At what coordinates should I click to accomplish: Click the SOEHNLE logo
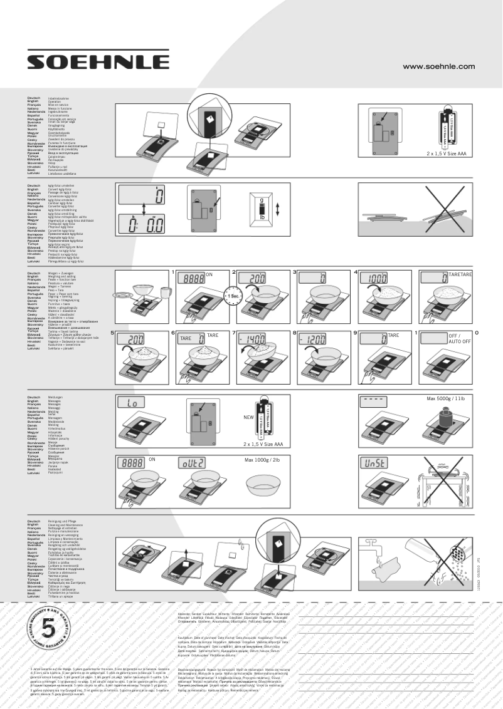[98, 61]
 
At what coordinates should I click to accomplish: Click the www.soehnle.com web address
[438, 66]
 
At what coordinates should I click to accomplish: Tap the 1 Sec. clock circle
[235, 296]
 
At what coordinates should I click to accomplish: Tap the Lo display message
[134, 403]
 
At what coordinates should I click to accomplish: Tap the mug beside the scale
[165, 292]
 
